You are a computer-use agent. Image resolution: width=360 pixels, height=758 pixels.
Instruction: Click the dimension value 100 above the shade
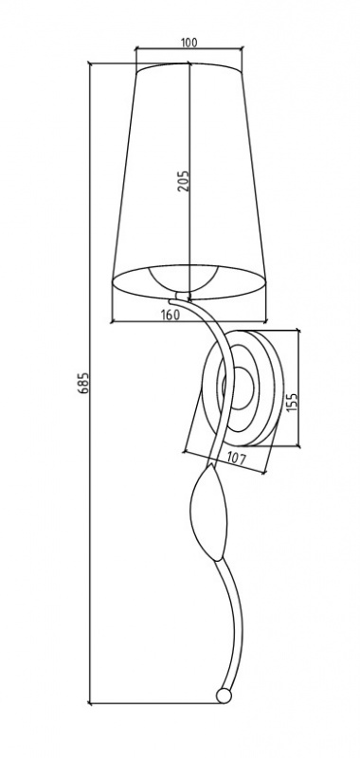click(x=189, y=43)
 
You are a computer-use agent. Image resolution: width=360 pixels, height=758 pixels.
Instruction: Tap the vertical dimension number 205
click(x=183, y=180)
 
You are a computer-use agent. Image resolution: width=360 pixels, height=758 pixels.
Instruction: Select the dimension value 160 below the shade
click(x=170, y=315)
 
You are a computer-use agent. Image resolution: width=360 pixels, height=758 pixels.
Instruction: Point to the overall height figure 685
click(x=83, y=383)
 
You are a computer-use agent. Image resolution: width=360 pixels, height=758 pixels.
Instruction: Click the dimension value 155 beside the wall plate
click(x=293, y=401)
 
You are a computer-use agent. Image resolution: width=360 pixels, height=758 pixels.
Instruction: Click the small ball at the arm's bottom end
click(x=224, y=695)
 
